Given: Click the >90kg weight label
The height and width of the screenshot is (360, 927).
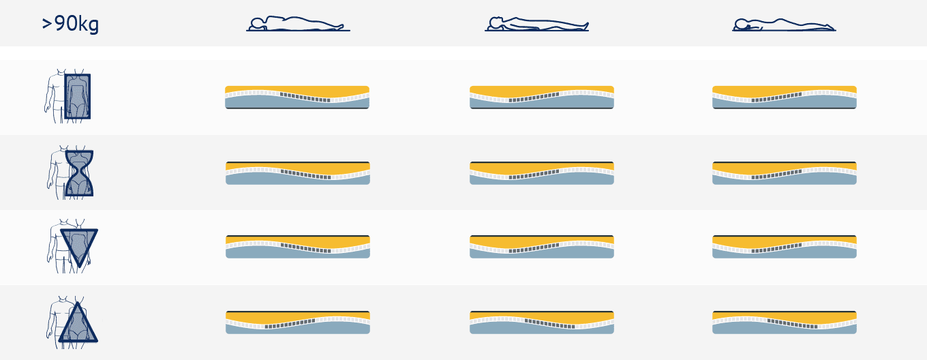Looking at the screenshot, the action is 70,24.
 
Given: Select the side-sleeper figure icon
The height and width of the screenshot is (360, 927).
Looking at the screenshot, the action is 298,24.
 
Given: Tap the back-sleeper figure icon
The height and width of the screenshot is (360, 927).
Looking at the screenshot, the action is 536,24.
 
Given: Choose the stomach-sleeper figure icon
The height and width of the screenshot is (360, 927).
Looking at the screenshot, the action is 784,25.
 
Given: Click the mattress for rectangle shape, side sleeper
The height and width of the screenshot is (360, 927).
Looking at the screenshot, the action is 297,97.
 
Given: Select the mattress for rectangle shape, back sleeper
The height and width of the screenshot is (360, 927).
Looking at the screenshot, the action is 542,97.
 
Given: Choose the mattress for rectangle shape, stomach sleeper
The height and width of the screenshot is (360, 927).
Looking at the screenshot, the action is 785,97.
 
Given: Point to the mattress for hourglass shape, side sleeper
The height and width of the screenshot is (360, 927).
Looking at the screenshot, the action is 298,173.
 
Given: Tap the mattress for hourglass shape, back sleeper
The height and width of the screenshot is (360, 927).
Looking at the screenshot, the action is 542,173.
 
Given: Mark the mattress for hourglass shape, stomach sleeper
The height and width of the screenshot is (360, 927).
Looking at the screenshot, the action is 785,173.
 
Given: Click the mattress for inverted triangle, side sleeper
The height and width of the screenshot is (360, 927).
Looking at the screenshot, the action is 298,247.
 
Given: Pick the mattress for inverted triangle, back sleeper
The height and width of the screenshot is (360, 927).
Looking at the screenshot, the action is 542,247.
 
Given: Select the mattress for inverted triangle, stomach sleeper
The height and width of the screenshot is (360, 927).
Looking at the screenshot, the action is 785,247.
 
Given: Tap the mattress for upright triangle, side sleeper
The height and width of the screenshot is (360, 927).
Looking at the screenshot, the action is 298,322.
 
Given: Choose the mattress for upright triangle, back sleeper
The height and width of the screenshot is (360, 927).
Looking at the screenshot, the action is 542,322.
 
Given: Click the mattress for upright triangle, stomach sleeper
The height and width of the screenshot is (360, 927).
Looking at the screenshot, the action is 785,322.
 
